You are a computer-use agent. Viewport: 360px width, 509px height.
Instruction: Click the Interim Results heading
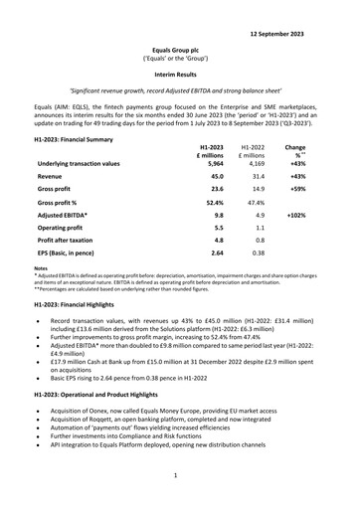(x=180, y=74)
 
